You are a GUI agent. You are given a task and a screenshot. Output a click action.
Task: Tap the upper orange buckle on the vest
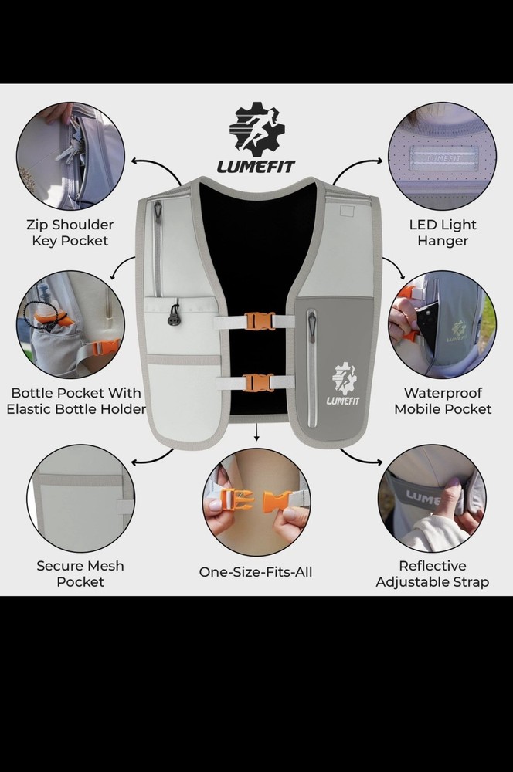[x=259, y=321]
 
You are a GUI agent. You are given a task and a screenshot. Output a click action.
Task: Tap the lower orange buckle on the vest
[x=259, y=382]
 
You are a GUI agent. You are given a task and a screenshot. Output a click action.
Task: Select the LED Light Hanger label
[x=443, y=232]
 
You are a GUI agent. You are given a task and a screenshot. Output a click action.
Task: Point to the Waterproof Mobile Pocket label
[x=443, y=401]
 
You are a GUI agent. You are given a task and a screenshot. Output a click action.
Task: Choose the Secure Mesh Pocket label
[x=80, y=574]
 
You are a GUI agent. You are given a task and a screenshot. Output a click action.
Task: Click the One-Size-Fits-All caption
[x=256, y=572]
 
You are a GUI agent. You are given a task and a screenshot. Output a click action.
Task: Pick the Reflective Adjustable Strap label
[x=432, y=574]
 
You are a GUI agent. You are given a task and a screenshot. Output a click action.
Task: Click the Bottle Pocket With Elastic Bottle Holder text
[x=76, y=401]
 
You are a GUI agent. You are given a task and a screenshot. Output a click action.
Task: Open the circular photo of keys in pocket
[x=71, y=155]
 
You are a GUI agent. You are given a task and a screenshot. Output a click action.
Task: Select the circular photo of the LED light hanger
[x=441, y=156]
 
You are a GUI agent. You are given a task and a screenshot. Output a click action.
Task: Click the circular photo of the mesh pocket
[x=80, y=498]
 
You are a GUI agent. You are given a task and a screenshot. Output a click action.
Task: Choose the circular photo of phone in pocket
[x=441, y=323]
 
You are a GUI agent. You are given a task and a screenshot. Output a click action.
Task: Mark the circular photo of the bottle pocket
[x=70, y=323]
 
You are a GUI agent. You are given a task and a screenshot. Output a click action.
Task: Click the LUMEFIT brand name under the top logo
[x=256, y=166]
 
